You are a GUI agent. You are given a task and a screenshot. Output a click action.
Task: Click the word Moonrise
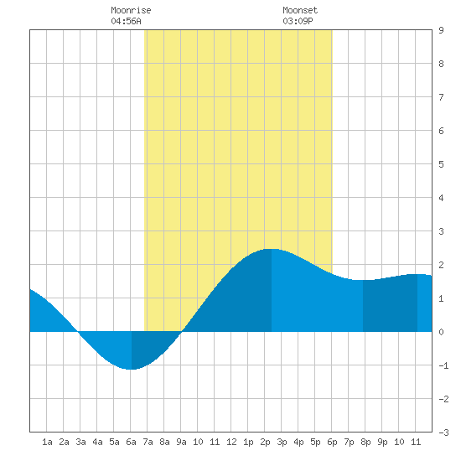point(131,10)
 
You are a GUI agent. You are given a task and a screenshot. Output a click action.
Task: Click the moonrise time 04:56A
point(126,21)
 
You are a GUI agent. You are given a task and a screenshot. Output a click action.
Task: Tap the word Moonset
point(300,10)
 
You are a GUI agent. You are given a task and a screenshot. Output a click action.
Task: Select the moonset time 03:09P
point(298,21)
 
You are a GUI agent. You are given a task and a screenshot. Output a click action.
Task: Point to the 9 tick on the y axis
point(441,30)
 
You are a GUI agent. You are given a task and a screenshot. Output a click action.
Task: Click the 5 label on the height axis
point(441,164)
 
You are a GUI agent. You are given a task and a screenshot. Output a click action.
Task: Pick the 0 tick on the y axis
point(441,332)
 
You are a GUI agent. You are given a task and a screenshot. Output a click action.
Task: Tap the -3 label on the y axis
point(443,433)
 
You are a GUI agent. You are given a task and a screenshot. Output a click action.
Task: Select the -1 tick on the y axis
point(443,365)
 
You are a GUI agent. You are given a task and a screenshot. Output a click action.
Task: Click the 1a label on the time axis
point(47,442)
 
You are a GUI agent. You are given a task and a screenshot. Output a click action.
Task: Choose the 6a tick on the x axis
point(131,442)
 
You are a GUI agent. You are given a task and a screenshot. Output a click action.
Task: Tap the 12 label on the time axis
point(231,442)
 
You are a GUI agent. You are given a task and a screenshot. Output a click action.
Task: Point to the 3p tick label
point(282,442)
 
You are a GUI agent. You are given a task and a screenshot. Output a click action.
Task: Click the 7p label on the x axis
point(349,442)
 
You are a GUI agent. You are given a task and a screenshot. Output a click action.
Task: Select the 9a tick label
point(181,442)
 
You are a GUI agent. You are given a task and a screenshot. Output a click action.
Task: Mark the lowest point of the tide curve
point(131,370)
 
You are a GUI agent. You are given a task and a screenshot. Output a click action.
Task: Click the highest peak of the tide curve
point(272,249)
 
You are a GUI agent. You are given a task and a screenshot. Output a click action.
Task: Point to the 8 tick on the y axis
point(441,64)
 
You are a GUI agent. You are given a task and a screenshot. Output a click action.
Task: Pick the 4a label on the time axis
point(97,442)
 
